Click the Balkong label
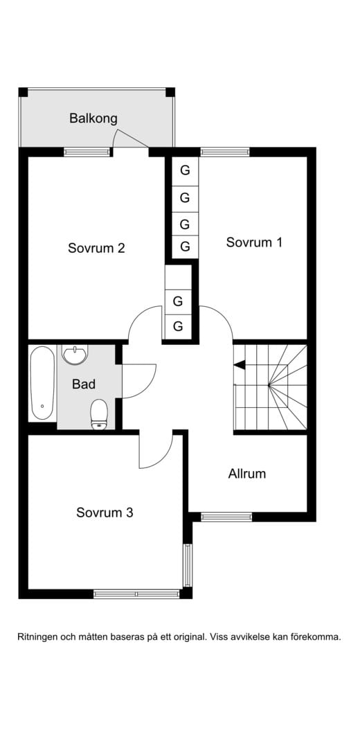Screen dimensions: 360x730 [x=93, y=118]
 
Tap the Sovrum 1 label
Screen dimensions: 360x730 [x=254, y=242]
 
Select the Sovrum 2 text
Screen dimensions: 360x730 [x=96, y=248]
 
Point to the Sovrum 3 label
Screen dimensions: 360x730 [x=105, y=513]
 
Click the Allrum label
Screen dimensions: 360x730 [x=247, y=474]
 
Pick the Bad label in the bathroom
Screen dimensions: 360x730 [x=84, y=384]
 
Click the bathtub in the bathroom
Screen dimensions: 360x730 [x=42, y=383]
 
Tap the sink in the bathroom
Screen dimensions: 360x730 [x=74, y=355]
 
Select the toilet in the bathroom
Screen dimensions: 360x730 [x=98, y=414]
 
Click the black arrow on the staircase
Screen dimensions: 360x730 [x=240, y=365]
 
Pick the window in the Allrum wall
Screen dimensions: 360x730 [x=226, y=517]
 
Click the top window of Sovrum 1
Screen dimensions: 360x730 [x=225, y=152]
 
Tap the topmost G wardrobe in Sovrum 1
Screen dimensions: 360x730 [x=185, y=170]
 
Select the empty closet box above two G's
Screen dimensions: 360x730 [x=178, y=277]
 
